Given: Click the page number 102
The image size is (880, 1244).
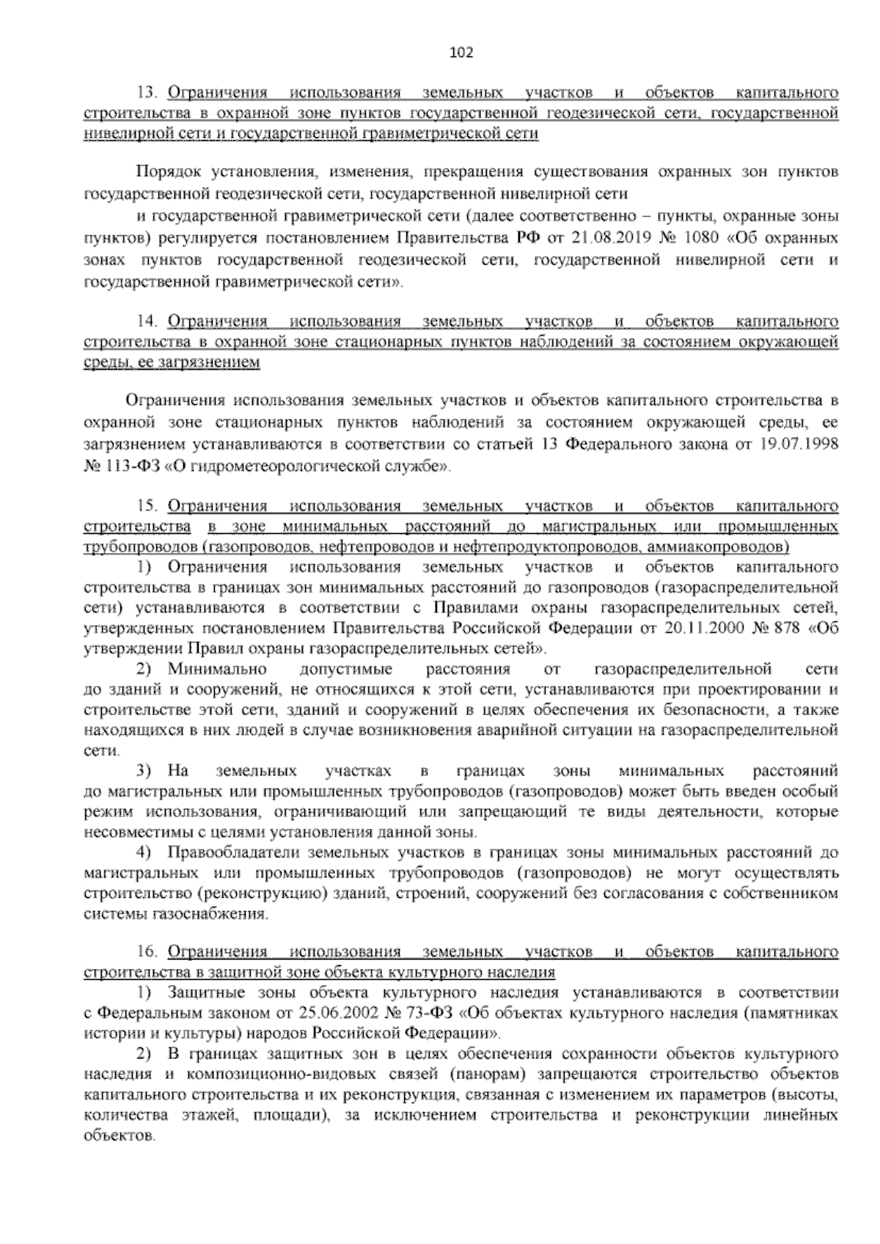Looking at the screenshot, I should (461, 53).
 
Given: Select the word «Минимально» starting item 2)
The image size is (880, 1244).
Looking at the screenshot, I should (217, 670).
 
